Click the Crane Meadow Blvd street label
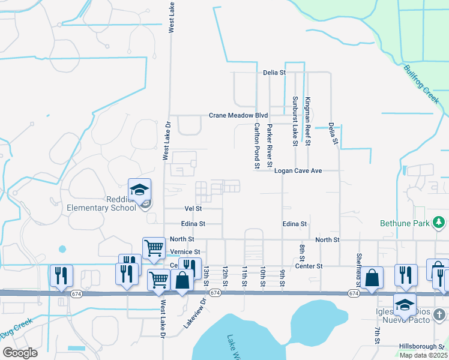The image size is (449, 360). (238, 115)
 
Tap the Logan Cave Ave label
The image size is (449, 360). (298, 171)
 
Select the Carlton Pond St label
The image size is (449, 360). (257, 145)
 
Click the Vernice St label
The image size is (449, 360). (185, 252)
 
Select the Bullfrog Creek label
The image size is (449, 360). (422, 83)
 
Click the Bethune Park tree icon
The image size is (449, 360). (439, 223)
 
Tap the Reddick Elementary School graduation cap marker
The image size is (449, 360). (139, 190)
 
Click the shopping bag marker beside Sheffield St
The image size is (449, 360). (372, 277)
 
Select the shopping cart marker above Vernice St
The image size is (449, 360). (154, 247)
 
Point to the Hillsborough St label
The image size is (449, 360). (423, 347)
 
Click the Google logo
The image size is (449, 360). (20, 353)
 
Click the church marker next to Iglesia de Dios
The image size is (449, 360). (439, 314)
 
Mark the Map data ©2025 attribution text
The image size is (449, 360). (423, 355)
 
